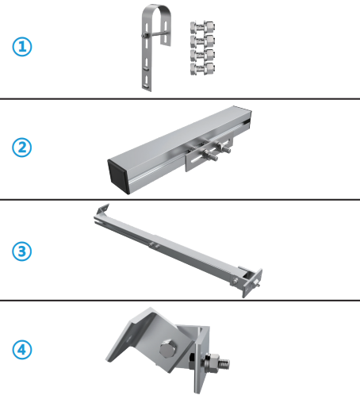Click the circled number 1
(22, 47)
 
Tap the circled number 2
(22, 148)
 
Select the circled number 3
(22, 251)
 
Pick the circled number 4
(22, 349)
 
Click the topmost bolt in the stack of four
(201, 28)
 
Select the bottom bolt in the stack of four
(201, 68)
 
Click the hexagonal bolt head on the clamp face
(169, 350)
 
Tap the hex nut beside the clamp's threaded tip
(213, 364)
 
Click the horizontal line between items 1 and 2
(180, 98)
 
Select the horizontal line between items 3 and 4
(180, 300)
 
